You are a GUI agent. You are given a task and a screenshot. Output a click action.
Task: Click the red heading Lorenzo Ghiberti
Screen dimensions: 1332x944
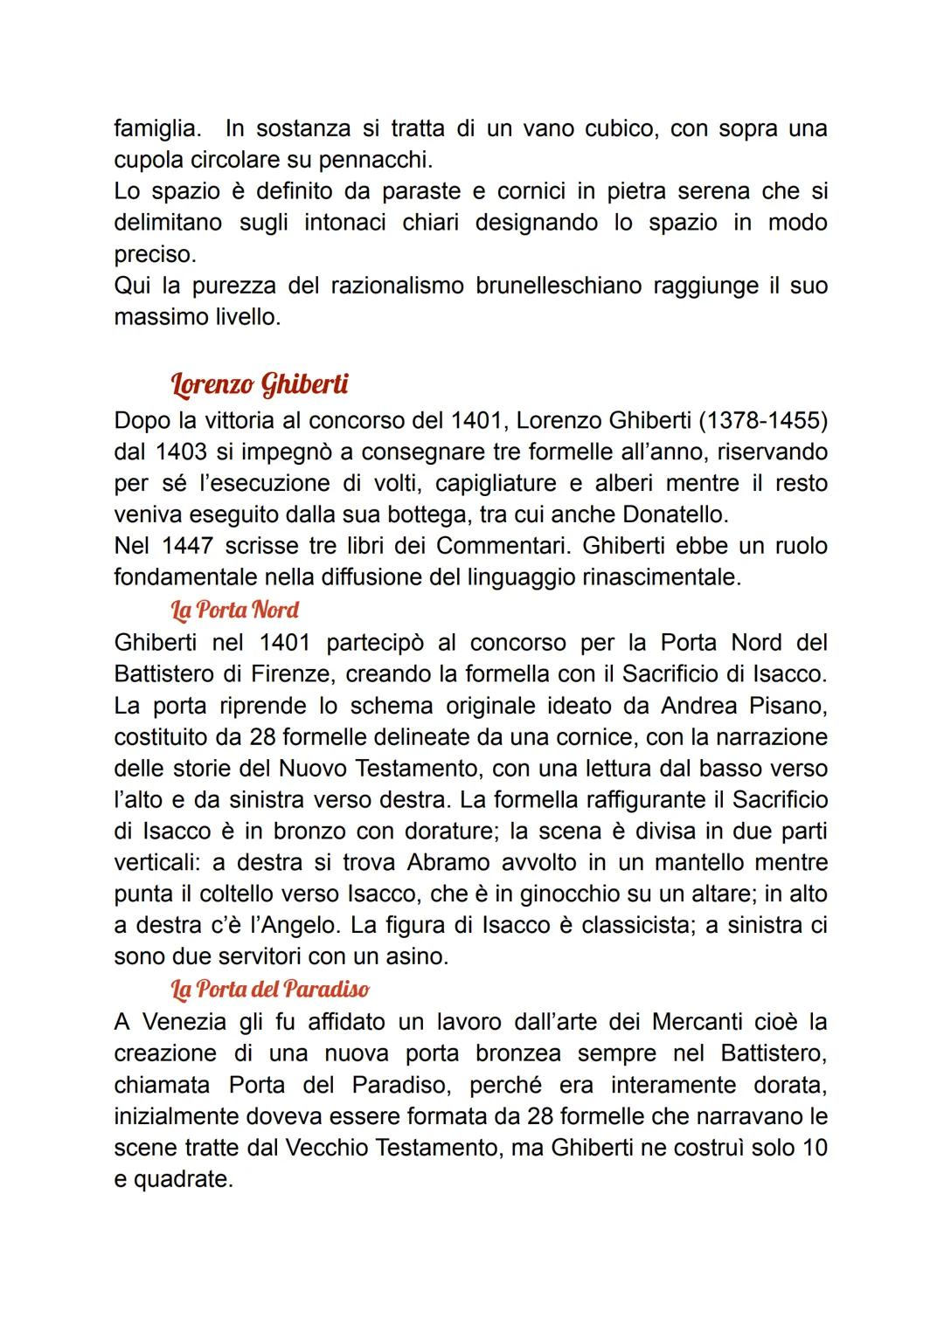tap(260, 383)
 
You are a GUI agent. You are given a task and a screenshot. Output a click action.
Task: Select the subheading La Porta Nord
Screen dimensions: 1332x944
tap(235, 610)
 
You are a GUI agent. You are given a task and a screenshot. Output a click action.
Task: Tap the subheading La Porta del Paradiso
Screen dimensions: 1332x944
tap(270, 990)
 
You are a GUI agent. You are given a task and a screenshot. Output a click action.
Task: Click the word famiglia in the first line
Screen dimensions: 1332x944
tap(156, 129)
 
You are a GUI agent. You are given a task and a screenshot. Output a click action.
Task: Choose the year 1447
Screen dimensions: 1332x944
tap(187, 547)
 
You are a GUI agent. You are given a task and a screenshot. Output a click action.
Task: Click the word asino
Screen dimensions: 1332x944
tap(414, 956)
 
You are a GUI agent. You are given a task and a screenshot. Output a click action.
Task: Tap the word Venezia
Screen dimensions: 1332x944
tap(183, 1022)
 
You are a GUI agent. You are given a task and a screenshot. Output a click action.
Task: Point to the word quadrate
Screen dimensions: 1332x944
tap(183, 1180)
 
